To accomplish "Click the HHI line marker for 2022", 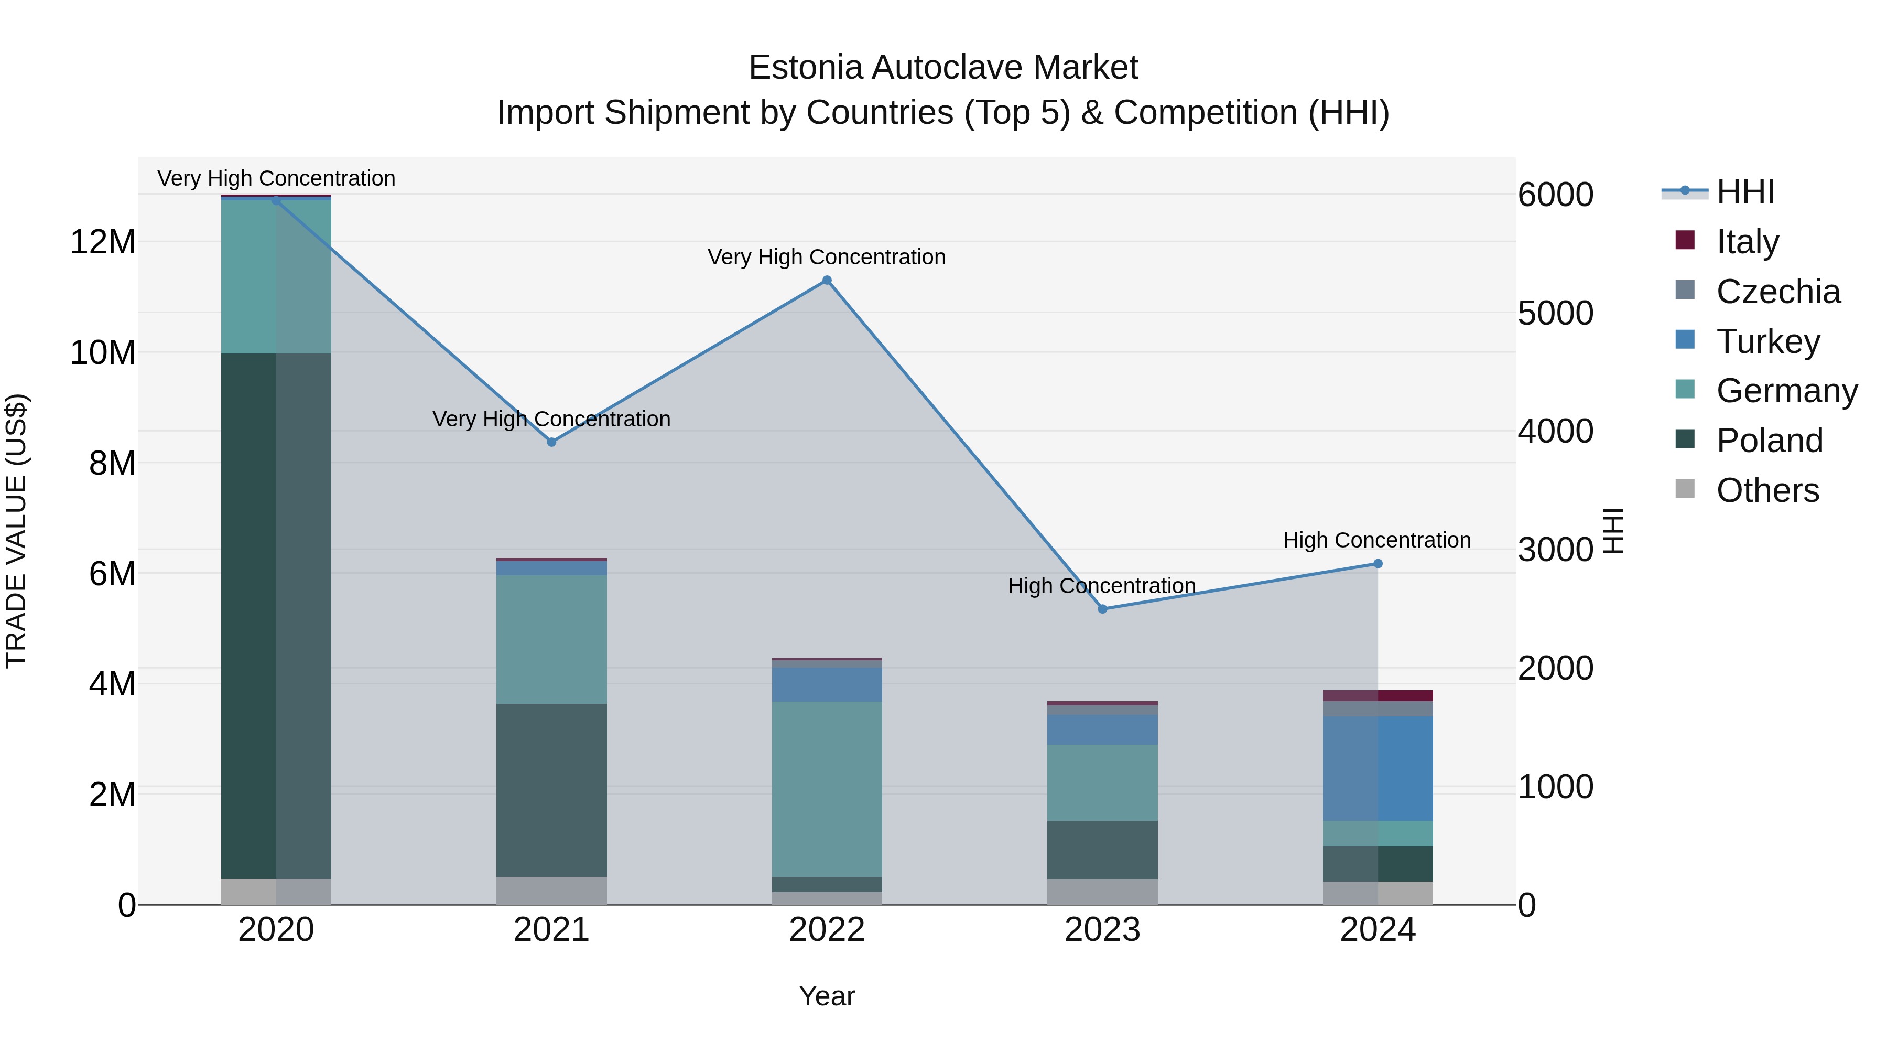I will click(827, 280).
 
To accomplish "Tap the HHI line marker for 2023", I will click(1102, 609).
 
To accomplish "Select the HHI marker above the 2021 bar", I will click(551, 442).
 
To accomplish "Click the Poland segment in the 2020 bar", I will click(276, 616).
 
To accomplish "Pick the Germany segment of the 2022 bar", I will click(827, 789).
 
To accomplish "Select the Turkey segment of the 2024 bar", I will click(1378, 768).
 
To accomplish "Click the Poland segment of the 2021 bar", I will click(551, 790).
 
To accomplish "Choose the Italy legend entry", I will click(1747, 242).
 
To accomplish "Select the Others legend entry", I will click(1767, 490).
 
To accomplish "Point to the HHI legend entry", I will click(1745, 192).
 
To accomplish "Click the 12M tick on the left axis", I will click(103, 242).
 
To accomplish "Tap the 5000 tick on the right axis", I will click(1555, 313).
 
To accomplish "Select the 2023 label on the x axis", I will click(1102, 930).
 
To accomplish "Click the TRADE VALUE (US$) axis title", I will click(16, 531).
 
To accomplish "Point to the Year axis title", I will click(827, 996).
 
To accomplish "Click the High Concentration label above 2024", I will click(1376, 540).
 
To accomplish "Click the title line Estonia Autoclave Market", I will click(943, 68).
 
